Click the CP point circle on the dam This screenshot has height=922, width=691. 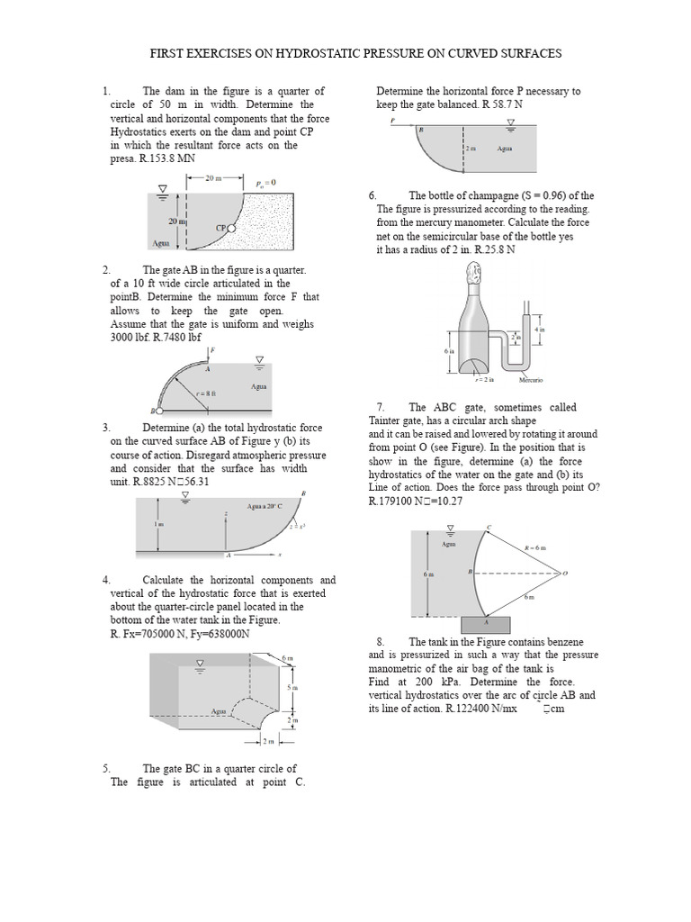click(231, 229)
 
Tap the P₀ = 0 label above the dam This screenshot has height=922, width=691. click(265, 182)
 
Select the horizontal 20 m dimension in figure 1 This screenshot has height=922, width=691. click(214, 178)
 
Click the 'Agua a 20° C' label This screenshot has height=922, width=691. click(229, 508)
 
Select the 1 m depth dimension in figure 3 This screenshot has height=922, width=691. click(159, 525)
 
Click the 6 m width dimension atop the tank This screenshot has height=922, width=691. click(287, 659)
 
